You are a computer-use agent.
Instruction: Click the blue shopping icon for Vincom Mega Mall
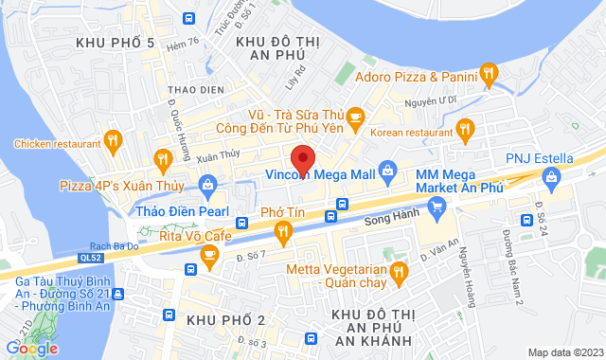coord(386,171)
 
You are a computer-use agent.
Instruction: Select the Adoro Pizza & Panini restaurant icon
coord(489,71)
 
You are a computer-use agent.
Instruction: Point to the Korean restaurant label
coord(413,132)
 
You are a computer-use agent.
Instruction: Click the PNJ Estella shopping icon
coord(550,175)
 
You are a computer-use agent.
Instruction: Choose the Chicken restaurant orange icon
coord(113,141)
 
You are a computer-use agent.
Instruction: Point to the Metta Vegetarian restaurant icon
coord(398,274)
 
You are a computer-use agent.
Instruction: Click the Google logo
coord(31,348)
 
